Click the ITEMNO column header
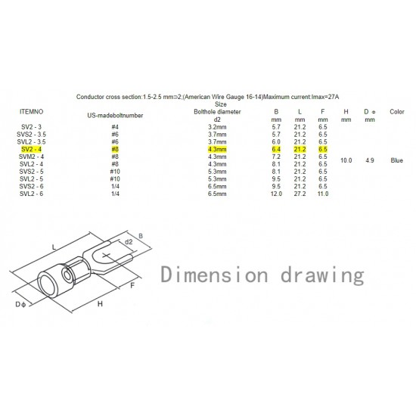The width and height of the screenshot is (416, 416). tap(31, 112)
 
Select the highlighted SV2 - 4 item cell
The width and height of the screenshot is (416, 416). tap(31, 149)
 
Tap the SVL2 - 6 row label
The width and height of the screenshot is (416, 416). tap(31, 194)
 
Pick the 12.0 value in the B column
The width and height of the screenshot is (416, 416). tap(276, 194)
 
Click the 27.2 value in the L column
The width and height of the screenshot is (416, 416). tap(300, 194)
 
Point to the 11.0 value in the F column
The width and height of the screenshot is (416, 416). tap(323, 194)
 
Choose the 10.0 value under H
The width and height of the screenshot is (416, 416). tap(346, 160)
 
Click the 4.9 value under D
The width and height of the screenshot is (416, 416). tap(370, 160)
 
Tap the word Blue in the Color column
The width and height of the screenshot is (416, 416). tap(397, 160)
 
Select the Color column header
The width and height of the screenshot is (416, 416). tap(397, 112)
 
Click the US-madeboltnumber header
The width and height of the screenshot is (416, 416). tap(115, 116)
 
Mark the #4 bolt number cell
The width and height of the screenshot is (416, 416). tap(115, 127)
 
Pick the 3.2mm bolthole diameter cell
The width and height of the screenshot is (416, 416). tap(217, 127)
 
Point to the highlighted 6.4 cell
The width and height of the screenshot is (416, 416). tap(276, 149)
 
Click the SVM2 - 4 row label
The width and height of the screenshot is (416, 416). tap(31, 157)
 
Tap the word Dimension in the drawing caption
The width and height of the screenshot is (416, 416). tap(214, 275)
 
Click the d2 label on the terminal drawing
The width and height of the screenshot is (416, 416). tap(129, 242)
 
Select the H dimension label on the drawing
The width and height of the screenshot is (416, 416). tap(100, 304)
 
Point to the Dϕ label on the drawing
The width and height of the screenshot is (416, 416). tap(20, 305)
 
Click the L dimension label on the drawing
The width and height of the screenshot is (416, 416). tap(54, 248)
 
